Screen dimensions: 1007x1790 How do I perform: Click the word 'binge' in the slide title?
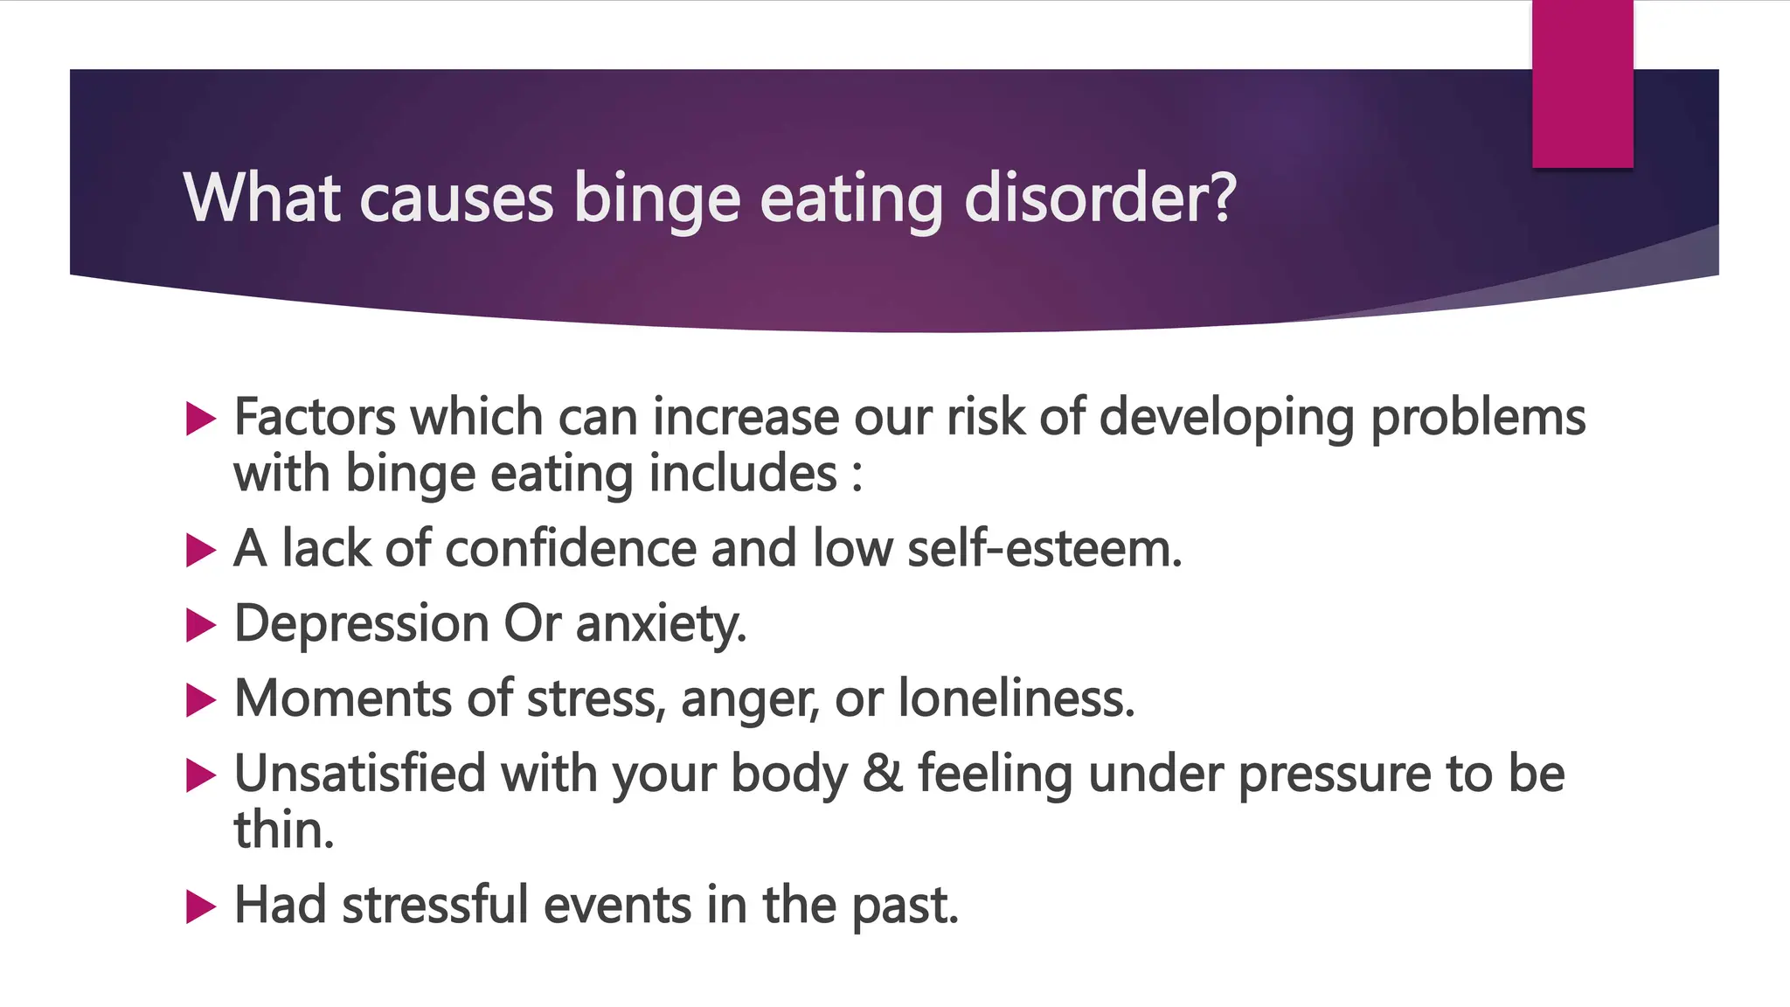tap(657, 199)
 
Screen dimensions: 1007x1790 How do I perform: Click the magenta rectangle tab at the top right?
tap(1582, 83)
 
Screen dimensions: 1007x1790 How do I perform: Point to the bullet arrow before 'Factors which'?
tap(201, 419)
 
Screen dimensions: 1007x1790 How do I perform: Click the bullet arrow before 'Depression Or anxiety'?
tap(201, 625)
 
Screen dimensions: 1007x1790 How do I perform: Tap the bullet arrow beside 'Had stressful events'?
tap(201, 906)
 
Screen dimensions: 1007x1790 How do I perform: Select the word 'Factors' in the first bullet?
tap(315, 417)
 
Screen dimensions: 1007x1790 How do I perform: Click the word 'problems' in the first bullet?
tap(1477, 419)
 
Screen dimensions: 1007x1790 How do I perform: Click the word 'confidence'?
tap(571, 548)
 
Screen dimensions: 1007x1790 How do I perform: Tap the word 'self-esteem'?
tap(1044, 548)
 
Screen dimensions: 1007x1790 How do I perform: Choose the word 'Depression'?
tap(361, 625)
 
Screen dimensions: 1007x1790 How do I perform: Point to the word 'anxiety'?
tap(661, 625)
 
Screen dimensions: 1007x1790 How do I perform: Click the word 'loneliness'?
tap(1016, 698)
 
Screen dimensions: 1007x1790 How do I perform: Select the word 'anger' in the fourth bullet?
tap(750, 700)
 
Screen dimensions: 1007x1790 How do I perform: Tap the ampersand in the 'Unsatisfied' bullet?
tap(882, 774)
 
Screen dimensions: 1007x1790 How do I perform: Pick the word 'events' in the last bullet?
tap(618, 905)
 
